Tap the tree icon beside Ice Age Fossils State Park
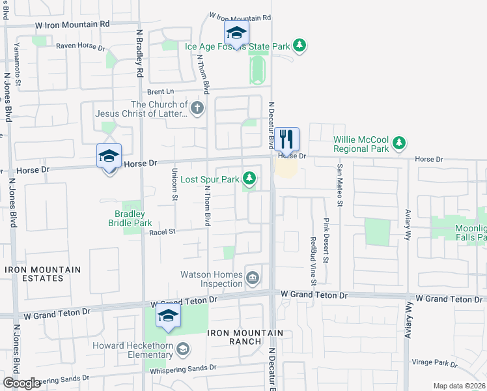(x=299, y=46)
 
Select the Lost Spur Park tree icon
(x=249, y=178)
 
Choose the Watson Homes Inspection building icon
(x=252, y=279)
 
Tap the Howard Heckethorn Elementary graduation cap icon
(x=184, y=349)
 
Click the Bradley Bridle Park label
(x=130, y=218)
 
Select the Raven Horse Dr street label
(x=80, y=47)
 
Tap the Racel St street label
(x=163, y=231)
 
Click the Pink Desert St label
(x=326, y=240)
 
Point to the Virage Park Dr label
(x=434, y=362)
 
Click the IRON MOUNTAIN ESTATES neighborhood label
(x=43, y=274)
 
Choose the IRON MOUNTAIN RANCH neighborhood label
(x=245, y=337)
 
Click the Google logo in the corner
(x=21, y=383)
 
